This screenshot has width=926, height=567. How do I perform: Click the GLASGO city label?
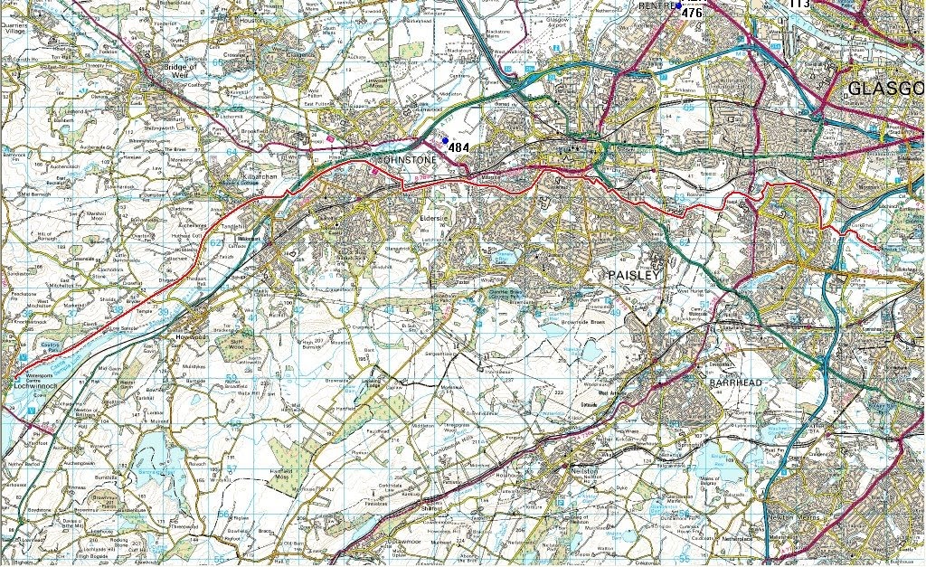coord(886,89)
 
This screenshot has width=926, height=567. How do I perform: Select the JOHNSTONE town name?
coord(406,160)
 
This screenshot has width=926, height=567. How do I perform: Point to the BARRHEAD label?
coord(736,383)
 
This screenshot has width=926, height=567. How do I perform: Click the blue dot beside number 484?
coord(445,139)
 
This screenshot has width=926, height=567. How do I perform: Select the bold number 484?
coord(458,146)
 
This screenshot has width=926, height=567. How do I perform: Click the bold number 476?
coord(692,13)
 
